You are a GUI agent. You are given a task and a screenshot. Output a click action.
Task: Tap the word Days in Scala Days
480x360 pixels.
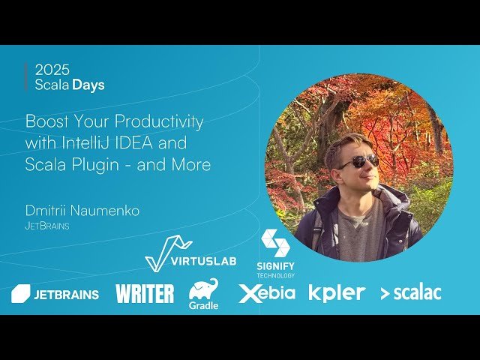(88, 85)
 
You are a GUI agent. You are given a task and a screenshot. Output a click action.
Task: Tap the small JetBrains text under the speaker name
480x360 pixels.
(47, 225)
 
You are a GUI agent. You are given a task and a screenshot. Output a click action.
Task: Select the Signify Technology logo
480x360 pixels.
(275, 253)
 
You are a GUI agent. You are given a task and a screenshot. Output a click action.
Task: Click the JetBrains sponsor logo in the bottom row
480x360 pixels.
(55, 294)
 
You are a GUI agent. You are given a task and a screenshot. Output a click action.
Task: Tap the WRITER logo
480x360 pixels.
(145, 294)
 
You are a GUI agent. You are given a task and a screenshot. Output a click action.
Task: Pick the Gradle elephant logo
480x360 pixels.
(203, 293)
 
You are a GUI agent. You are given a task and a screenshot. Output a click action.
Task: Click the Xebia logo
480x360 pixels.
(267, 293)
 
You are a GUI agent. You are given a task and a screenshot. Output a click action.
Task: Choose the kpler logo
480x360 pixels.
(337, 293)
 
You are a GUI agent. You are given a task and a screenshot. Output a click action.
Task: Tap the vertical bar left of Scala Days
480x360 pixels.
(26, 77)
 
